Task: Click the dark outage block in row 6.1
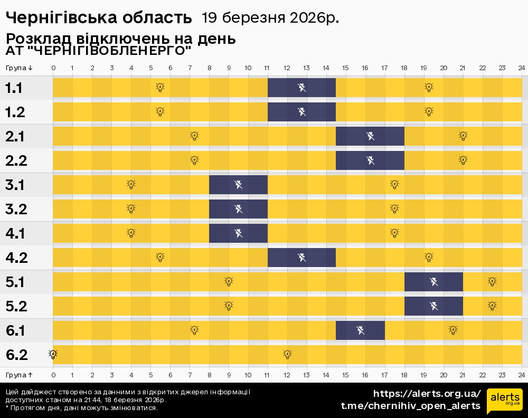tap(360, 330)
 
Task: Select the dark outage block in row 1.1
tap(301, 88)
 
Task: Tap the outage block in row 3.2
tap(239, 209)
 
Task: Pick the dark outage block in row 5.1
tap(433, 282)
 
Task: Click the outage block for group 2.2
tap(370, 160)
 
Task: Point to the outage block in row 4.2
tap(301, 258)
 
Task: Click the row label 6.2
tap(16, 355)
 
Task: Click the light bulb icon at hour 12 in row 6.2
tap(287, 354)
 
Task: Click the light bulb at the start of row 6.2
tap(53, 354)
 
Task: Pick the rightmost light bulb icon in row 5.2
tap(492, 306)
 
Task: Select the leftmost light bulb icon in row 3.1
tap(131, 184)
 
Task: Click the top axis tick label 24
tap(521, 68)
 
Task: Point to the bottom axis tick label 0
tap(53, 375)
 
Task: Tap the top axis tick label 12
tap(287, 68)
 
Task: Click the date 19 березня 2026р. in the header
tap(270, 18)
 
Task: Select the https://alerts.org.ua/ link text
tap(427, 394)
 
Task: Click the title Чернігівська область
tap(98, 18)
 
